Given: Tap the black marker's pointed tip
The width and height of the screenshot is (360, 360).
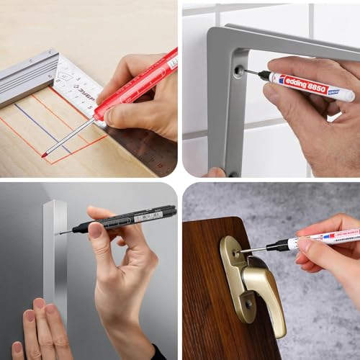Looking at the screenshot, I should click(x=60, y=232).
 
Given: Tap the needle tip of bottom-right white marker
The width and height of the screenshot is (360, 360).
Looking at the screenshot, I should click(x=243, y=251).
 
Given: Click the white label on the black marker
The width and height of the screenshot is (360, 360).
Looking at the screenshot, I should click(x=148, y=215).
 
